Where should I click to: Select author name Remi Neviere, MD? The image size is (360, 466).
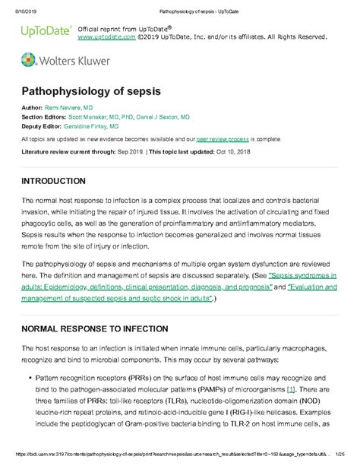tap(71, 109)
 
